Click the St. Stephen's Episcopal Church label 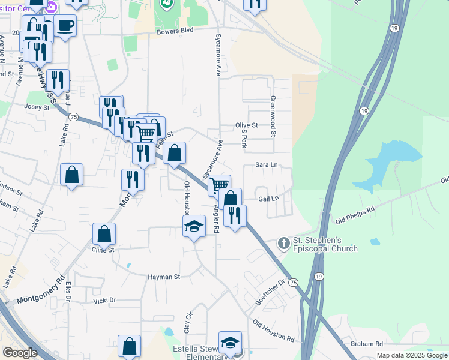[325, 245]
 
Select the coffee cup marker [65, 26]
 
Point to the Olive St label [246, 125]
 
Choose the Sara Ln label [267, 164]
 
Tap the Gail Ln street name [268, 198]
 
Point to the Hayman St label [164, 277]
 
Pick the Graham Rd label [367, 344]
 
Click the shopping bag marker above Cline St [104, 235]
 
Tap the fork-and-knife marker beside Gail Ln [235, 215]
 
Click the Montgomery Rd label [40, 289]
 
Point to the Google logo [20, 353]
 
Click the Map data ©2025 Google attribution [411, 355]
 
